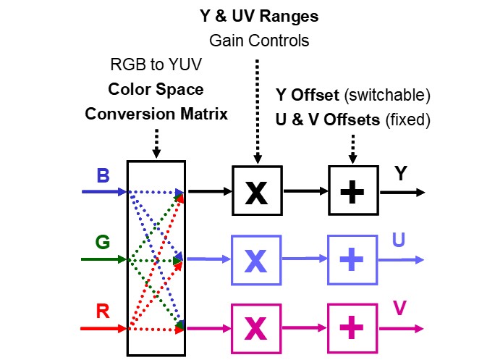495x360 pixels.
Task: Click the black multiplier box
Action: pos(256,191)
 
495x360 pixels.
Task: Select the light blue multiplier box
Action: pos(256,259)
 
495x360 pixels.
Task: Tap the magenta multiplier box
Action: pos(256,327)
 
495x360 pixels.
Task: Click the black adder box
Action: pos(352,191)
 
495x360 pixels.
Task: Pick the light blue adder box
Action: pos(352,259)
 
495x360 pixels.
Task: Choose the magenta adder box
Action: pos(352,327)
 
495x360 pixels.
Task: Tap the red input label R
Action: pos(103,311)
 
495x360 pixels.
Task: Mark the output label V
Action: pos(399,309)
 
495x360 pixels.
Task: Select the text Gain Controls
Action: pos(258,41)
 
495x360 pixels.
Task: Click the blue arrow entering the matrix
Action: pos(104,192)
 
